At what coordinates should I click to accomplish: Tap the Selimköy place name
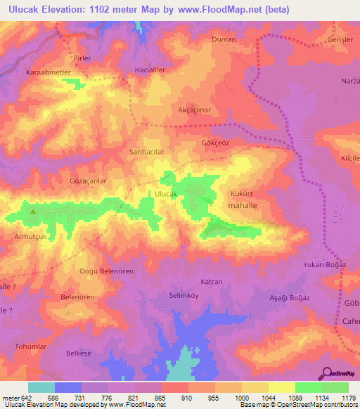[x=185, y=296]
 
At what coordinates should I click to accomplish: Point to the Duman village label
[x=224, y=40]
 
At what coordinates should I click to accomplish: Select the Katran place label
[x=212, y=282]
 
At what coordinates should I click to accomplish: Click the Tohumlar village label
[x=32, y=347]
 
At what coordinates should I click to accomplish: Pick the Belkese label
[x=79, y=353]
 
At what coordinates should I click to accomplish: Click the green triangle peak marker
[x=33, y=209]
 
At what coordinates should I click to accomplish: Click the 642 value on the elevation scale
[x=27, y=398]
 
